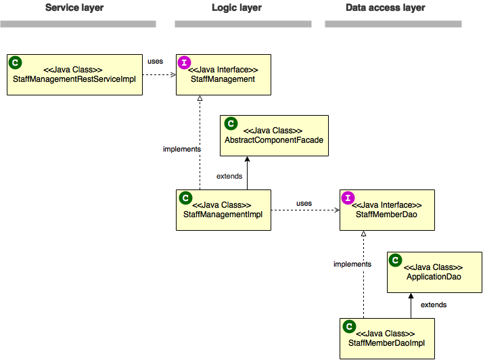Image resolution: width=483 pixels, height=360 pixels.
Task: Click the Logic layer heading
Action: coord(236,8)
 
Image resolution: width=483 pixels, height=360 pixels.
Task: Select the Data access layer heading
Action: coord(385,8)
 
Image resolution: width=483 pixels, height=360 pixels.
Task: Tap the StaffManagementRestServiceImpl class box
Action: coord(74,74)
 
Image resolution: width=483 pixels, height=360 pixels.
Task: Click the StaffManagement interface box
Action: coord(223,74)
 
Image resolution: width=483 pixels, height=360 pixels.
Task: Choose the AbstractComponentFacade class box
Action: coord(274,135)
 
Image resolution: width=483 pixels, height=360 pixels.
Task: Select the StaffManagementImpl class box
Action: coord(223,210)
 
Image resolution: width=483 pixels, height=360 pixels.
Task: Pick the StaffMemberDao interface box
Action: coord(387,210)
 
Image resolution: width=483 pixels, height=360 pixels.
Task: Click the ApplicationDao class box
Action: coord(434,272)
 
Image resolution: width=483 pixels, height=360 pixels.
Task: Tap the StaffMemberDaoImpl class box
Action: coord(387,338)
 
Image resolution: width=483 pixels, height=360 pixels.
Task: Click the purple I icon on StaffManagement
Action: coord(184,62)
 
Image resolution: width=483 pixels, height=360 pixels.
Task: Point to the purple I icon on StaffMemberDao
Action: coord(348,198)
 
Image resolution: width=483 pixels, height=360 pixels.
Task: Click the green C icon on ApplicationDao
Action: coord(395,260)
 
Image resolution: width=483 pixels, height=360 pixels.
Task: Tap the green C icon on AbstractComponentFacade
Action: coord(230,123)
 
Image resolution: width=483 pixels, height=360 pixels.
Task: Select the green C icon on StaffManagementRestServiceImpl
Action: coord(15,62)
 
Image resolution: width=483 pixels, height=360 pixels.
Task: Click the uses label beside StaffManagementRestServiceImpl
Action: coord(155,62)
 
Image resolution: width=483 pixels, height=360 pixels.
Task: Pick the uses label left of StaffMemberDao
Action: coord(304,204)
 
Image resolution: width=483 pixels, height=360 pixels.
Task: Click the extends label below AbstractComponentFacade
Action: coord(229,177)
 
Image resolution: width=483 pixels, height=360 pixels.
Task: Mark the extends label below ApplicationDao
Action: coord(434,305)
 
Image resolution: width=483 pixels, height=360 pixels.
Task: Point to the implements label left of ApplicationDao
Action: coord(352,265)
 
